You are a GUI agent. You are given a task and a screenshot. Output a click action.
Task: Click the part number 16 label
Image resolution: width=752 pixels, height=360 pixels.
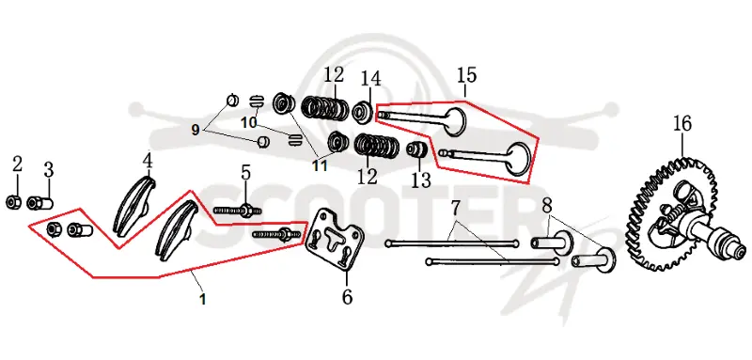[x=682, y=124]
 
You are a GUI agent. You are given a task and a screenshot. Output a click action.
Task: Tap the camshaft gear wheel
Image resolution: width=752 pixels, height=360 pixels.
[x=671, y=215]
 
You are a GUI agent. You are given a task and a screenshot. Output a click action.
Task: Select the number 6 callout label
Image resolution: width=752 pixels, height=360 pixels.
[x=347, y=297]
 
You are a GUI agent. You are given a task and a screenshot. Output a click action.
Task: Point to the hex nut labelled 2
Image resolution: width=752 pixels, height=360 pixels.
[x=12, y=202]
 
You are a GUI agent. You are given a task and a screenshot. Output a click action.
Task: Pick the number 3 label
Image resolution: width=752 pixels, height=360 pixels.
[x=49, y=170]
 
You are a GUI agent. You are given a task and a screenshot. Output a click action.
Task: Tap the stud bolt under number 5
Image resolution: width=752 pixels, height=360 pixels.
[x=238, y=210]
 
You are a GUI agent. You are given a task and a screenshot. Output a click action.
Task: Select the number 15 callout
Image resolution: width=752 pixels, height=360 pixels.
[x=466, y=75]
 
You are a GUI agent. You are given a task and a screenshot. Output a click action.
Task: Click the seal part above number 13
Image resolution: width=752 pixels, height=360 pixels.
[x=416, y=149]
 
